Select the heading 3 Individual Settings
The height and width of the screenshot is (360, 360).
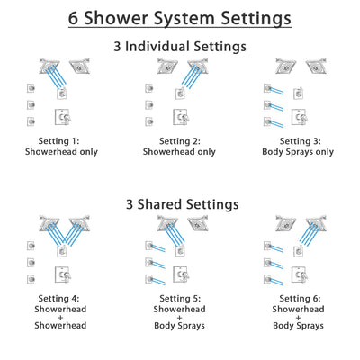point(179,46)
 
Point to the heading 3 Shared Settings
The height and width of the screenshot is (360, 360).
point(179,204)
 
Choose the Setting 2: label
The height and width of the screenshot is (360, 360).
point(179,141)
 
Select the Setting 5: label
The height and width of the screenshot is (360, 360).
point(179,300)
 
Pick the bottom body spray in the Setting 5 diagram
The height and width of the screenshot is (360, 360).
point(150,278)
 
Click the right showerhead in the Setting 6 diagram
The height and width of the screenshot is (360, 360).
point(316,224)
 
